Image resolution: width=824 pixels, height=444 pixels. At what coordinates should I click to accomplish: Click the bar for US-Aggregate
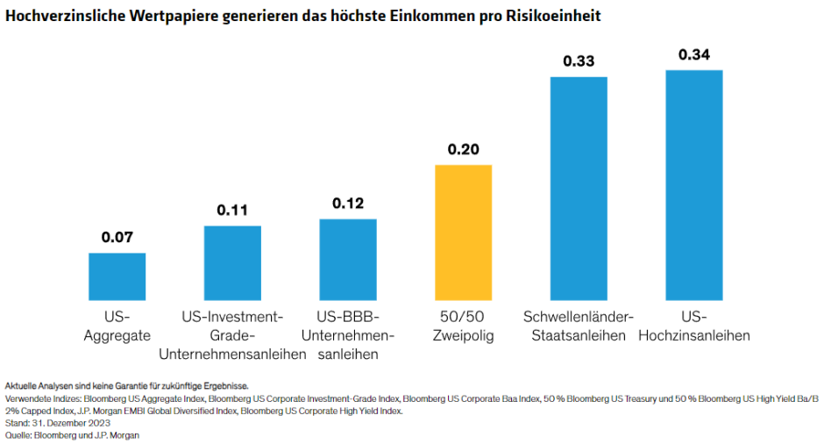[117, 276]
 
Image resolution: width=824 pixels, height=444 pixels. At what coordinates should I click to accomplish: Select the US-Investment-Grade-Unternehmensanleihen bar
[232, 263]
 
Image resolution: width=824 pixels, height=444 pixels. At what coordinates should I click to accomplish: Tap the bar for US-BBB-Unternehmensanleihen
[348, 260]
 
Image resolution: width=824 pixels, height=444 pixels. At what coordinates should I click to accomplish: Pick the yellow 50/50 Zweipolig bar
[463, 233]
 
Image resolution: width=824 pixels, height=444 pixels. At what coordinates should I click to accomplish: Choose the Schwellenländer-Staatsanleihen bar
[579, 189]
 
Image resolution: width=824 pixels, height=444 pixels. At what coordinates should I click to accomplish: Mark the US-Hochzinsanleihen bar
[694, 185]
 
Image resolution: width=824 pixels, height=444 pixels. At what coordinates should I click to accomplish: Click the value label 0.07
[117, 237]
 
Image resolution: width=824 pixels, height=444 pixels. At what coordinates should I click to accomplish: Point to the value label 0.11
[232, 210]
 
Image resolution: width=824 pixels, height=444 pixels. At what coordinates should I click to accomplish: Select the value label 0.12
[348, 203]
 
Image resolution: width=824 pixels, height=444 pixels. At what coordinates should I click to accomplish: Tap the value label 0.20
[463, 149]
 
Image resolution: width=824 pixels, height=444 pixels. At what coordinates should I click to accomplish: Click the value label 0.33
[579, 61]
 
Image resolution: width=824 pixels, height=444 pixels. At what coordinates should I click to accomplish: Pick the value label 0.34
[694, 54]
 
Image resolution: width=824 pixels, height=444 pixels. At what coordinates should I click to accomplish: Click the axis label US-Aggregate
[117, 326]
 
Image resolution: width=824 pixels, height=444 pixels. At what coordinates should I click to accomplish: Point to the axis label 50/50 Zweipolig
[463, 326]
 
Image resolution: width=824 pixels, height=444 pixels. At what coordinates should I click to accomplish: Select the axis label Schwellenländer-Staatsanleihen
[579, 326]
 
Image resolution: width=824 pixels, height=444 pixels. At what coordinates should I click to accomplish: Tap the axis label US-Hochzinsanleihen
[694, 326]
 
